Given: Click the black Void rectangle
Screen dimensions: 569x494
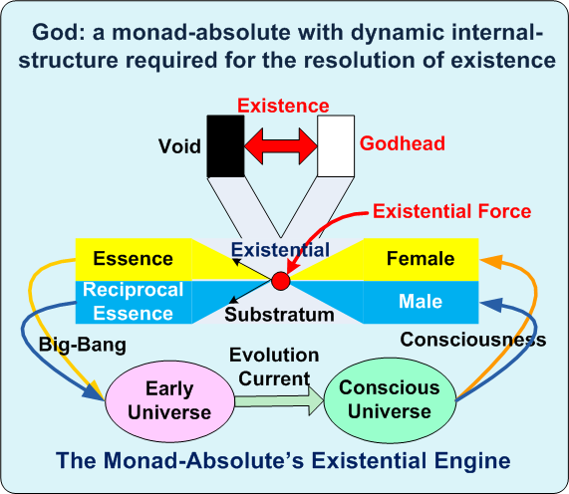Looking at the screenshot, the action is pyautogui.click(x=225, y=146).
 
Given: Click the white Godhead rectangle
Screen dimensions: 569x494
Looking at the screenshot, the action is pyautogui.click(x=336, y=146).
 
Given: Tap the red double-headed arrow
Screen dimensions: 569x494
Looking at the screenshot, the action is pyautogui.click(x=280, y=146).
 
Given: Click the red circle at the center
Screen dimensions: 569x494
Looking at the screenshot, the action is pyautogui.click(x=280, y=281).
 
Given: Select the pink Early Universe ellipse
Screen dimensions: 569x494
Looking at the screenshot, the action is pyautogui.click(x=169, y=401).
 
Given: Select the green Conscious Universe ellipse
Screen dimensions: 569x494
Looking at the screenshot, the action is pyautogui.click(x=390, y=400).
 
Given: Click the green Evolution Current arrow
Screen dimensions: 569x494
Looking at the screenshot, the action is pyautogui.click(x=279, y=401).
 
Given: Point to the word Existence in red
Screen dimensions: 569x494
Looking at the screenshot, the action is pyautogui.click(x=283, y=106).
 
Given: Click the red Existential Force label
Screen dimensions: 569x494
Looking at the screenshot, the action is pyautogui.click(x=451, y=211).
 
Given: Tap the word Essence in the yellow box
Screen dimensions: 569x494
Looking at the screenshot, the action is pyautogui.click(x=133, y=259).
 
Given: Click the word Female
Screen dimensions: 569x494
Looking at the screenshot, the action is pyautogui.click(x=421, y=259).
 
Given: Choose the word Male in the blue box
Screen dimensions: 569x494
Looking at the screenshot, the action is pyautogui.click(x=421, y=302).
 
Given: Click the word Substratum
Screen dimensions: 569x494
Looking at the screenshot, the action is pyautogui.click(x=279, y=315).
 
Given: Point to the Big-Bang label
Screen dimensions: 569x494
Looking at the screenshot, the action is pyautogui.click(x=83, y=345).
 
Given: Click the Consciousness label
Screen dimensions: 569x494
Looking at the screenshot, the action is pyautogui.click(x=472, y=340).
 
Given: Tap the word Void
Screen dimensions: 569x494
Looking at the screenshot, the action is pyautogui.click(x=179, y=146).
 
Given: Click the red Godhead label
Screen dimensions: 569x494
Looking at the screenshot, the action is pyautogui.click(x=402, y=143).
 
